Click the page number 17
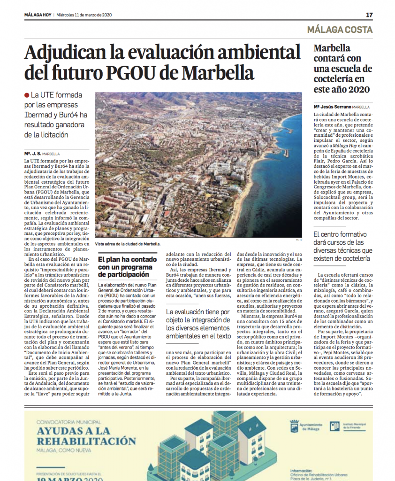369,15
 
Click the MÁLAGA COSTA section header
340,30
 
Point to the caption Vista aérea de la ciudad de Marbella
128,244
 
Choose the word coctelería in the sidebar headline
334,79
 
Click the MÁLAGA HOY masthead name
37,15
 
